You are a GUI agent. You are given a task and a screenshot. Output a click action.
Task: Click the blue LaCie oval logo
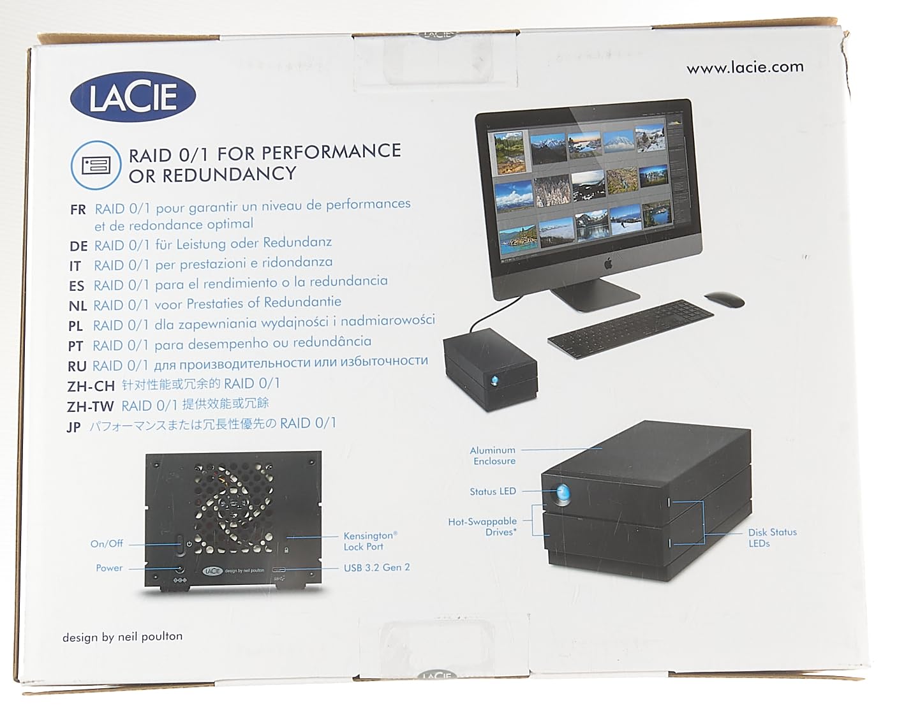[x=132, y=96]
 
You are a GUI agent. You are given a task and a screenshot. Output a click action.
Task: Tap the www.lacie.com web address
[x=745, y=68]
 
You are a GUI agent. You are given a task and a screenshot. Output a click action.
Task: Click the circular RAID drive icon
[x=95, y=165]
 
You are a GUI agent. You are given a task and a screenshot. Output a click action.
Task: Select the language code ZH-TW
[x=91, y=406]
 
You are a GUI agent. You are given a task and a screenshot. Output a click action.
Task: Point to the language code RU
[x=77, y=366]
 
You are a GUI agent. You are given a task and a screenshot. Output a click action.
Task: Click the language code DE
[x=78, y=246]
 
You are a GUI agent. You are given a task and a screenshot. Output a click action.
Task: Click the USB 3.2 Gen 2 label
[x=376, y=567]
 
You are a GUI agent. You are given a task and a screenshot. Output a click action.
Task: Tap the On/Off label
[x=107, y=543]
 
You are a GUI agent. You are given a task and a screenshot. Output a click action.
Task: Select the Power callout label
[x=109, y=568]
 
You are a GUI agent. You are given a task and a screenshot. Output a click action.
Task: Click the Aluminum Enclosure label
[x=493, y=455]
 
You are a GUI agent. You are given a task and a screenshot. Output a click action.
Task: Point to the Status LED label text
[x=493, y=491]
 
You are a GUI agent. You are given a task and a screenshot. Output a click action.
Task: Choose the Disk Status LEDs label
[x=772, y=538]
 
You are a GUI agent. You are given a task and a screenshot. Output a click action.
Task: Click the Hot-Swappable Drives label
[x=483, y=526]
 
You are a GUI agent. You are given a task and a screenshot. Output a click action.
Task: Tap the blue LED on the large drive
[x=563, y=493]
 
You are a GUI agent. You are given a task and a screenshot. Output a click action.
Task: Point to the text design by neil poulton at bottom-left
[x=122, y=637]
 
